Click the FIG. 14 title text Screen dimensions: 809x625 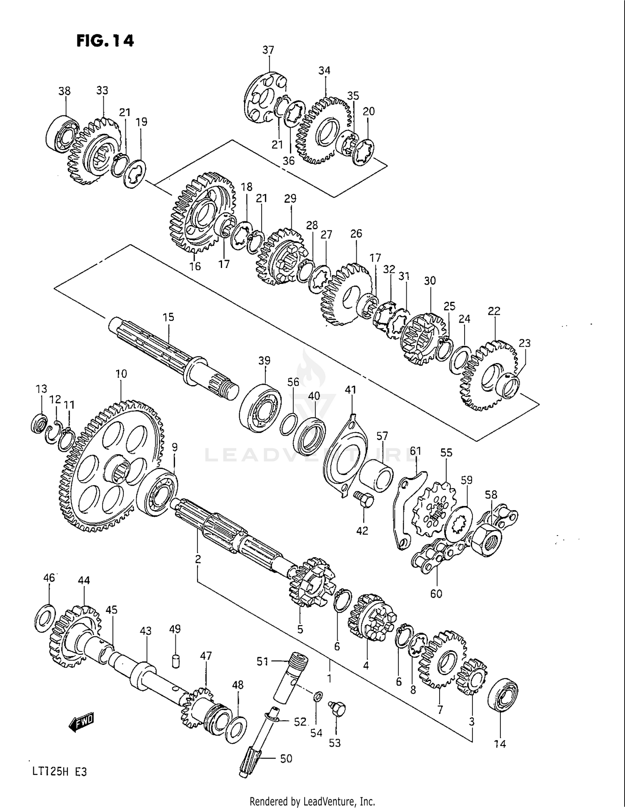pyautogui.click(x=105, y=40)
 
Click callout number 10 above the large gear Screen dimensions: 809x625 pyautogui.click(x=121, y=374)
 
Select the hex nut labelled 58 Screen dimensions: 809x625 pyautogui.click(x=486, y=540)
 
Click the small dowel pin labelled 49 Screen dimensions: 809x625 pyautogui.click(x=175, y=661)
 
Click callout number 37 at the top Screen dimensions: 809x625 pyautogui.click(x=268, y=50)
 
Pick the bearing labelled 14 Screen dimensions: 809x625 pyautogui.click(x=502, y=695)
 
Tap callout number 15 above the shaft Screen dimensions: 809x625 pyautogui.click(x=168, y=317)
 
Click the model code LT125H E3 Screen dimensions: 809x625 pyautogui.click(x=60, y=771)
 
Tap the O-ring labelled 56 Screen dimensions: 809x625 pyautogui.click(x=288, y=424)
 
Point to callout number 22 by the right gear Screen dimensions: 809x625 pyautogui.click(x=494, y=311)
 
